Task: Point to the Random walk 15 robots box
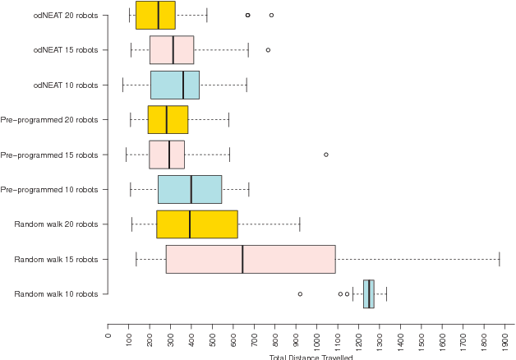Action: [x=251, y=259]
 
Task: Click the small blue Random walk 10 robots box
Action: [x=369, y=293]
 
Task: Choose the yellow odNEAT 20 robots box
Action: [x=155, y=15]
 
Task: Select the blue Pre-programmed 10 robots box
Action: [x=190, y=189]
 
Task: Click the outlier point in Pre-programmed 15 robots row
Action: [x=326, y=155]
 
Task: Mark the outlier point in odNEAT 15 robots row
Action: [x=268, y=50]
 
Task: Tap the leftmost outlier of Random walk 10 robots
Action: [x=300, y=293]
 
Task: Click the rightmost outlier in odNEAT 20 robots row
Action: [x=271, y=15]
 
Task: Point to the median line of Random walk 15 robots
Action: [x=242, y=259]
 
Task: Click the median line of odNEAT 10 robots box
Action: [x=183, y=85]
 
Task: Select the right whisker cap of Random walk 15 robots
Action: [x=499, y=259]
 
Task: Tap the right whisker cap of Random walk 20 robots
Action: [x=300, y=224]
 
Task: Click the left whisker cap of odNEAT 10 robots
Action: [x=122, y=85]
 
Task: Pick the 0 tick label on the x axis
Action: [x=108, y=333]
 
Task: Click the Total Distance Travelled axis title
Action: [x=311, y=357]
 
